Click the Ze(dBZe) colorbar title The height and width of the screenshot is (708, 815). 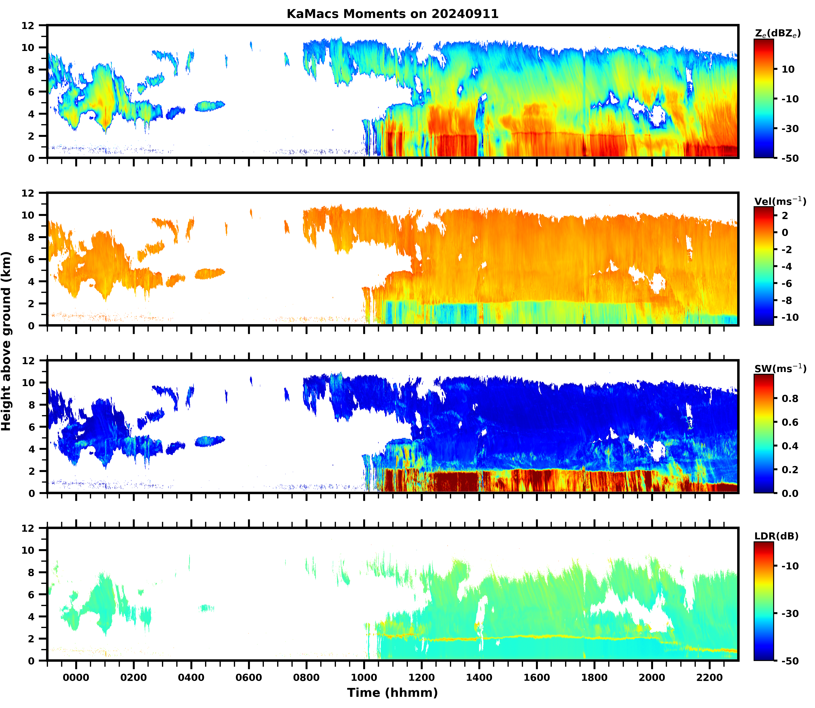tap(777, 34)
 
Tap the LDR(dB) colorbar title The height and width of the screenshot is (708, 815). tap(776, 536)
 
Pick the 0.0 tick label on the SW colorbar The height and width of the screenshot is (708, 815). tap(790, 493)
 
